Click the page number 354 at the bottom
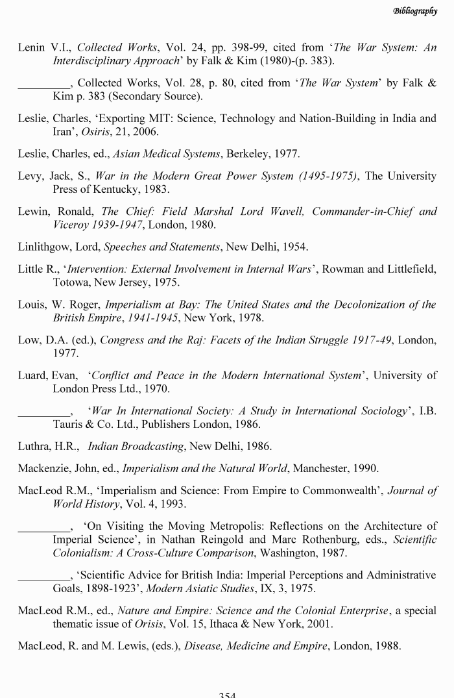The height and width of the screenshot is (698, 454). pyautogui.click(x=227, y=694)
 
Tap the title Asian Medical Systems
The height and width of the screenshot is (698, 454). pyautogui.click(x=166, y=154)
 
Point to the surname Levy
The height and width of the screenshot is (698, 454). pyautogui.click(x=30, y=177)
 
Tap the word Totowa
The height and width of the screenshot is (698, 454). pyautogui.click(x=70, y=283)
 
